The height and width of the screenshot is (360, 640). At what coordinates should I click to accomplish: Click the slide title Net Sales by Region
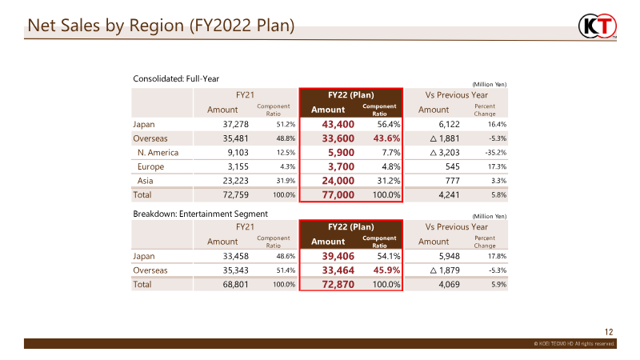pyautogui.click(x=161, y=26)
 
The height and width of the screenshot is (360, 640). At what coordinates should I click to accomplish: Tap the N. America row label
pyautogui.click(x=158, y=152)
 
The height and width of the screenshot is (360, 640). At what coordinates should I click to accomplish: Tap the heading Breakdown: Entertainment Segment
pyautogui.click(x=200, y=214)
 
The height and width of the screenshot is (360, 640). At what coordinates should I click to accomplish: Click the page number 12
pyautogui.click(x=609, y=331)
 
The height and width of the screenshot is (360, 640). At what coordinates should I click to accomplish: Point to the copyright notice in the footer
pyautogui.click(x=574, y=343)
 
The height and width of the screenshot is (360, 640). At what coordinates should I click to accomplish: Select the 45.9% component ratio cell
pyautogui.click(x=386, y=270)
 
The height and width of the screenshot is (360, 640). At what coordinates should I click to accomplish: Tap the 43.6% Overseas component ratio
pyautogui.click(x=386, y=138)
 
